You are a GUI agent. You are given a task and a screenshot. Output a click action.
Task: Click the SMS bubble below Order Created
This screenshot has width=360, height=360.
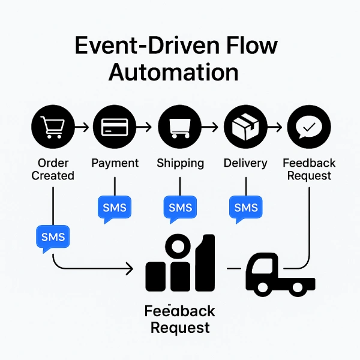pos(53,237)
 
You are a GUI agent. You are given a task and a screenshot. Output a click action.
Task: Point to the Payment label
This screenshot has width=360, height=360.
pos(115,163)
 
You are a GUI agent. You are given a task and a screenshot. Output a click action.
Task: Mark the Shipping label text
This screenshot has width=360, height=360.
pos(180,163)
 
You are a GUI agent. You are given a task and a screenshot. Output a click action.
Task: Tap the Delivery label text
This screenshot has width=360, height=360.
pos(245,163)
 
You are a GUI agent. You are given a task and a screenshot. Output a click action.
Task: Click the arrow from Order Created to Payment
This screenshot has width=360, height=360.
pos(83,127)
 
